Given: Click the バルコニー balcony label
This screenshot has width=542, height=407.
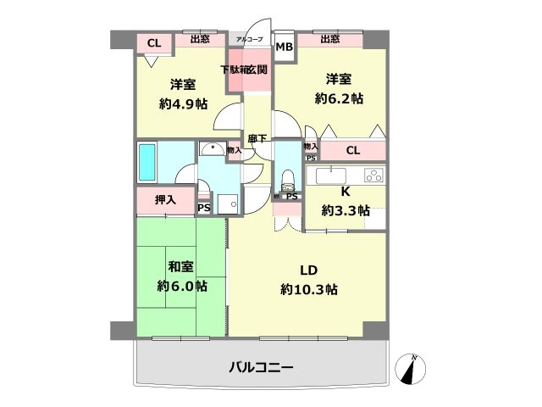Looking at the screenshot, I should pyautogui.click(x=261, y=368).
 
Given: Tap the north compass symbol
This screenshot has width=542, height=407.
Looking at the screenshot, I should pyautogui.click(x=413, y=368).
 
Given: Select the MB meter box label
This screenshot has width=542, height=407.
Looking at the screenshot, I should pyautogui.click(x=285, y=47).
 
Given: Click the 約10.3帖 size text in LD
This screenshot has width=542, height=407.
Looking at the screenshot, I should pyautogui.click(x=309, y=289).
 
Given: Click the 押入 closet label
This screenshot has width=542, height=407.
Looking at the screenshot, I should pyautogui.click(x=165, y=200).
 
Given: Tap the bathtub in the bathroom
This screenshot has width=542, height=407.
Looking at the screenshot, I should pyautogui.click(x=147, y=162).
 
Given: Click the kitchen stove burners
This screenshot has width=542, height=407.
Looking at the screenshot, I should pyautogui.click(x=373, y=176).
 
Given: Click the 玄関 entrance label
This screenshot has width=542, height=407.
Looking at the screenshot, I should pyautogui.click(x=257, y=70).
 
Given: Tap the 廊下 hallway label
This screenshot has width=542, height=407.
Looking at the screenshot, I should pyautogui.click(x=257, y=138).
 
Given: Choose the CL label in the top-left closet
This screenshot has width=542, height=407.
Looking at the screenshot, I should pyautogui.click(x=153, y=43).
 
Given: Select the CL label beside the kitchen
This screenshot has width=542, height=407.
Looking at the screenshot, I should pyautogui.click(x=354, y=151).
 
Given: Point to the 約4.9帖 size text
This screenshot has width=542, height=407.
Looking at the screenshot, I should pyautogui.click(x=184, y=103).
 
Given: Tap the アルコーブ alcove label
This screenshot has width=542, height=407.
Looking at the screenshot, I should pyautogui.click(x=249, y=40).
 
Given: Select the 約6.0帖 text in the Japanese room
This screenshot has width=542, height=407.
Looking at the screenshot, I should pyautogui.click(x=181, y=287).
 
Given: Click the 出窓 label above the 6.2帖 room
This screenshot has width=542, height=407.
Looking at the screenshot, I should pyautogui.click(x=330, y=39).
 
